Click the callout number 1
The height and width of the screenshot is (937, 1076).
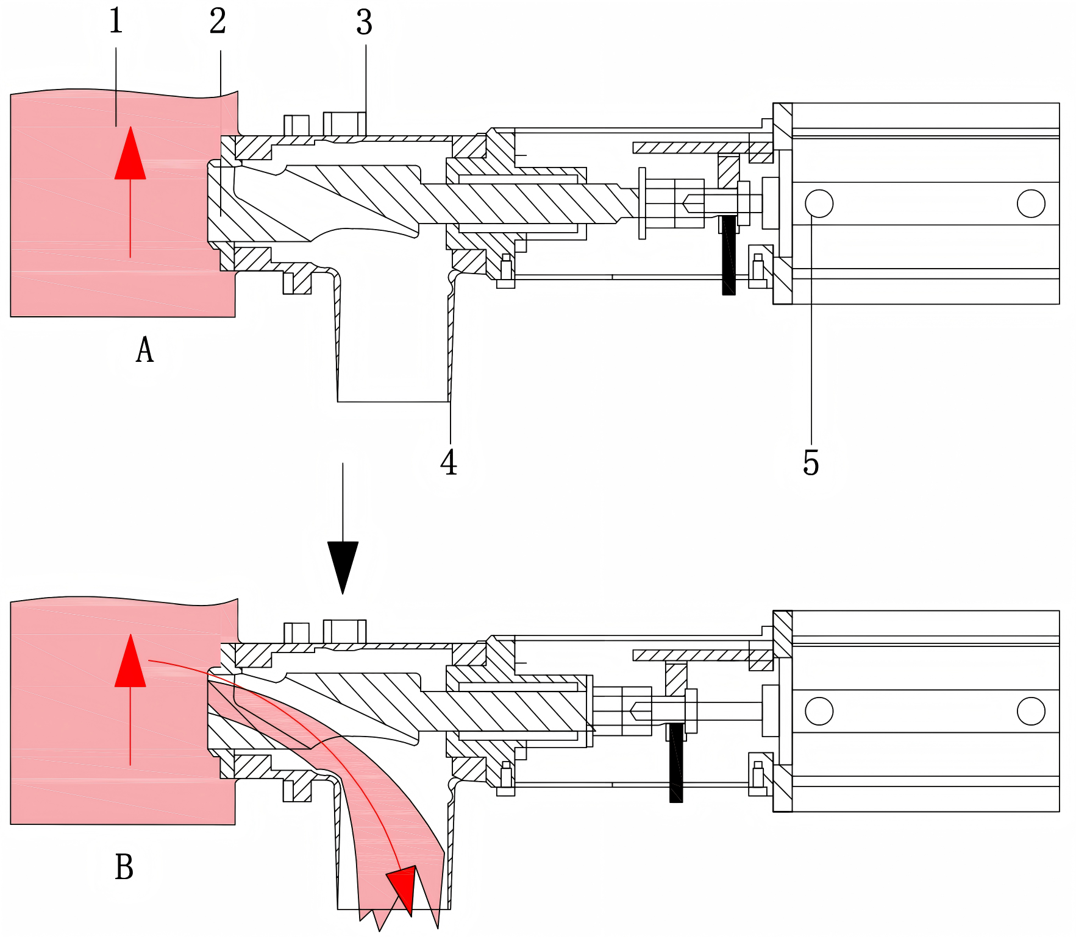pyautogui.click(x=116, y=21)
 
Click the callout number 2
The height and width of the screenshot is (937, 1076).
pyautogui.click(x=218, y=22)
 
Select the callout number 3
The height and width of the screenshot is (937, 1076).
pyautogui.click(x=364, y=23)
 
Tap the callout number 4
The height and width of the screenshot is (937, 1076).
pyautogui.click(x=449, y=462)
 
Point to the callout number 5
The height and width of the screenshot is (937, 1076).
pyautogui.click(x=811, y=463)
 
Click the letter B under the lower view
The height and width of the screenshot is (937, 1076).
pyautogui.click(x=124, y=866)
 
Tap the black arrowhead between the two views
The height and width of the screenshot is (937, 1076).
pyautogui.click(x=343, y=564)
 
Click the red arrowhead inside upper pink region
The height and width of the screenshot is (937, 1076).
pyautogui.click(x=130, y=156)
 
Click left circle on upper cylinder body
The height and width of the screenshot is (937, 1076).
pyautogui.click(x=819, y=203)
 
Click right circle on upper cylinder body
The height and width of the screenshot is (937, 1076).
pyautogui.click(x=1031, y=203)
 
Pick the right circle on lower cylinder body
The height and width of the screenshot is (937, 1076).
pyautogui.click(x=1031, y=711)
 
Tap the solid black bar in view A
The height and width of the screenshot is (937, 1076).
pyautogui.click(x=729, y=255)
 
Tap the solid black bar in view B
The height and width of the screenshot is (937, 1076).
pyautogui.click(x=676, y=763)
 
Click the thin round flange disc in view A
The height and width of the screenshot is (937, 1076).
pyautogui.click(x=642, y=203)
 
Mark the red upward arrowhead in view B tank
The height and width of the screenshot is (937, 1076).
pyautogui.click(x=130, y=663)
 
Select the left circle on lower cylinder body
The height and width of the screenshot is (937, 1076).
pyautogui.click(x=819, y=711)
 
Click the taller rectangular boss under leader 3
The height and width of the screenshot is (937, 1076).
pyautogui.click(x=344, y=124)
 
